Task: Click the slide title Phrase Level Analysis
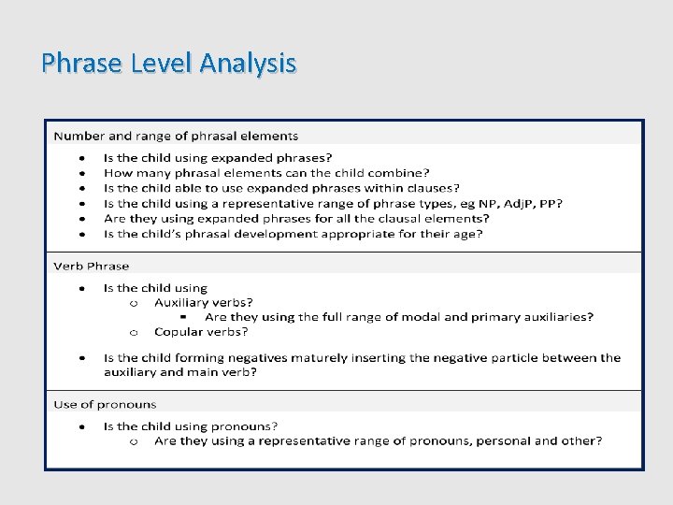tap(169, 64)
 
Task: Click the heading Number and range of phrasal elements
tap(176, 136)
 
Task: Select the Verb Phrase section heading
tap(91, 266)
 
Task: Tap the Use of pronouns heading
tap(105, 404)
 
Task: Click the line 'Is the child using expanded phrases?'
tap(218, 157)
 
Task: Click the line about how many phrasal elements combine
tap(266, 172)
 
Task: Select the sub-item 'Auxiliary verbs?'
tap(203, 302)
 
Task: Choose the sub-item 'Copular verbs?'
tap(201, 331)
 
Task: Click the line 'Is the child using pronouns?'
tap(191, 426)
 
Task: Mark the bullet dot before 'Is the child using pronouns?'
tap(82, 426)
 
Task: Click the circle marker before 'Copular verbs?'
tap(135, 332)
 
